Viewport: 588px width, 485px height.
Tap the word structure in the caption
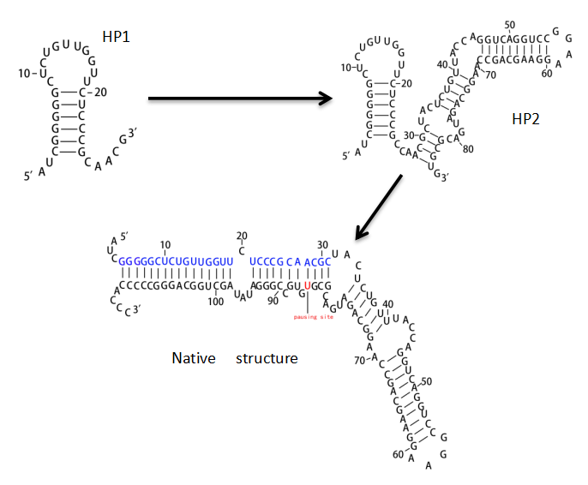(267, 357)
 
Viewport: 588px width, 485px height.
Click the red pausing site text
(313, 317)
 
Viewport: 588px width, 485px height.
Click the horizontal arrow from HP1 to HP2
(240, 99)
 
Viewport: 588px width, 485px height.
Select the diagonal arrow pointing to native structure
(379, 207)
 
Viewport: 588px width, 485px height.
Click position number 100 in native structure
(214, 301)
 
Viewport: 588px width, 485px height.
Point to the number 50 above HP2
(511, 24)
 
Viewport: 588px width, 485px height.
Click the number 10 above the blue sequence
(165, 244)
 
